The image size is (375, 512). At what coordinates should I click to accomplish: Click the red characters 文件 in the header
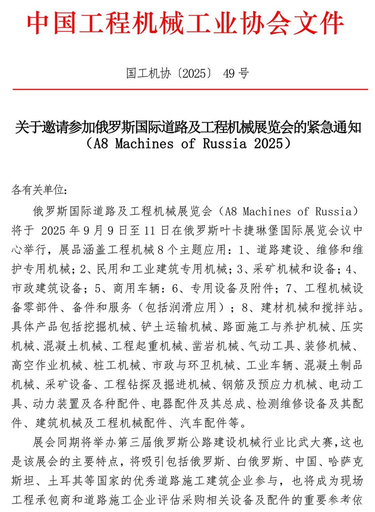click(320, 24)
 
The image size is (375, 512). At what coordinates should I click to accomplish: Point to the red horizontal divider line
click(187, 89)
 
